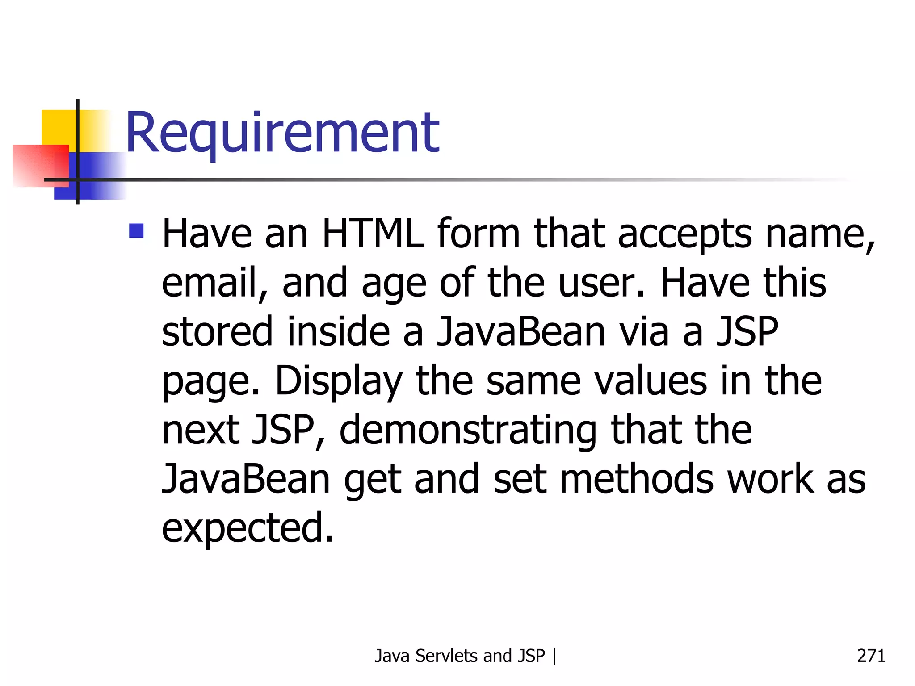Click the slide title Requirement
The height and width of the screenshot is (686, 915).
coord(282,133)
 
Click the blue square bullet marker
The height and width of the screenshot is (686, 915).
coord(136,231)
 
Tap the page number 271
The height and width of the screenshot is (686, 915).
coord(871,656)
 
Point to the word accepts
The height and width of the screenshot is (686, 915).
coord(685,235)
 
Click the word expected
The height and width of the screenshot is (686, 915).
coord(248,529)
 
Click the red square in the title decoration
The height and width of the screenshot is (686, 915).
coord(40,165)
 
